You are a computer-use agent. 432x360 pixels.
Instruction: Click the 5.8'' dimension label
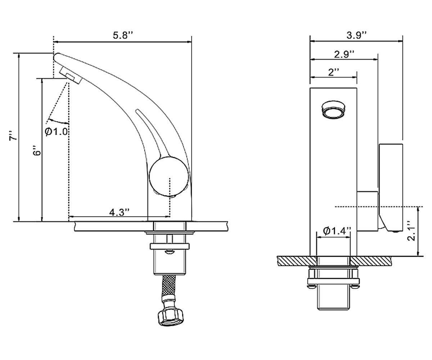click(122, 35)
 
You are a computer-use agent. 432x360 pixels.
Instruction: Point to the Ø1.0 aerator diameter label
click(56, 131)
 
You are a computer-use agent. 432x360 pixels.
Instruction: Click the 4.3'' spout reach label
click(120, 212)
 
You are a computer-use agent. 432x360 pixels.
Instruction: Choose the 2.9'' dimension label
click(344, 54)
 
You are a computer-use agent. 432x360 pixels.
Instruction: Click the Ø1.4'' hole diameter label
click(337, 231)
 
